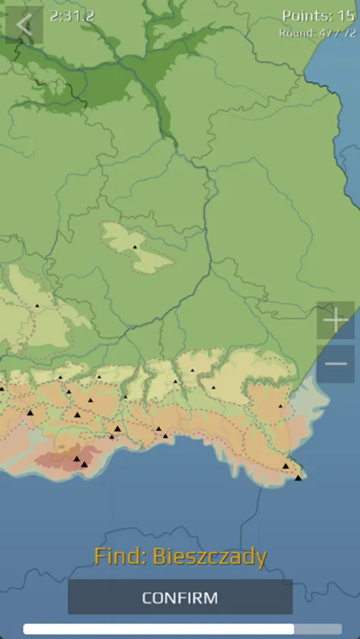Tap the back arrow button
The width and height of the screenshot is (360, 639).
pos(23,25)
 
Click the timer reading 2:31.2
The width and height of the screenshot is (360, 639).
pos(72,15)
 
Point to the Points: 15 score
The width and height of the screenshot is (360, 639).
pos(317,16)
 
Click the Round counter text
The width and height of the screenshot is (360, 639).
pos(317,33)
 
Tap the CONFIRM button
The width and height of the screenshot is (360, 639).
pos(180,597)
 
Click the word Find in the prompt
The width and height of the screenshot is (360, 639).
pos(119,557)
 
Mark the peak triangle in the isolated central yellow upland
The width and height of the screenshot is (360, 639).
pos(134,246)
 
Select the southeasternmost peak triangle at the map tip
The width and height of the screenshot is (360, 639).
pos(298,477)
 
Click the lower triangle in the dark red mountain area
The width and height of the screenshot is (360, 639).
pos(84,464)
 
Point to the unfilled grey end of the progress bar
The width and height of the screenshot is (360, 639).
pos(317,629)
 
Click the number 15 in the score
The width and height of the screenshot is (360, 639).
pos(346,16)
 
